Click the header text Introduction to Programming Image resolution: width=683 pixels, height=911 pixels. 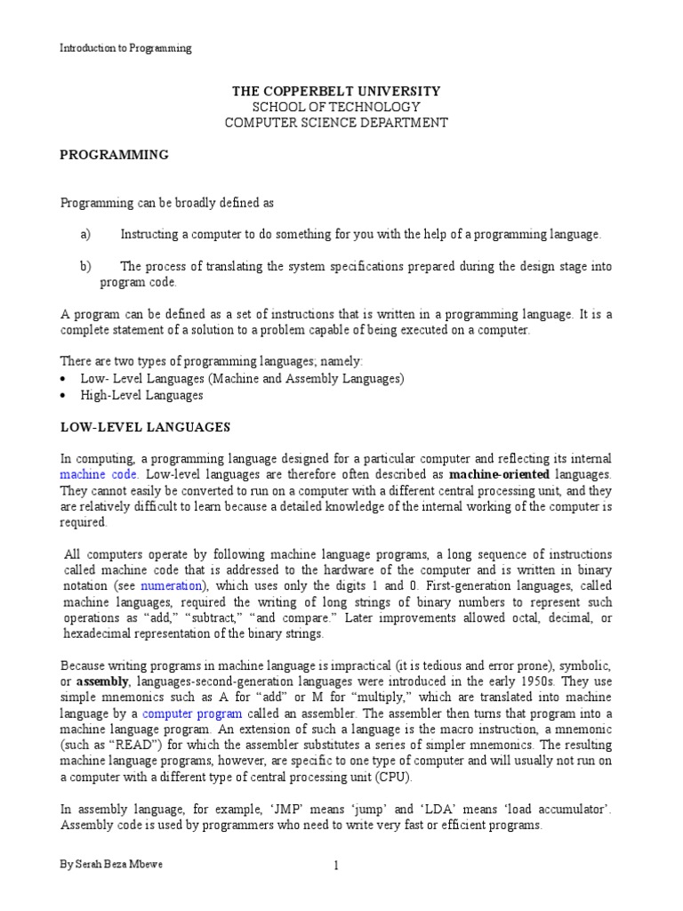tap(125, 48)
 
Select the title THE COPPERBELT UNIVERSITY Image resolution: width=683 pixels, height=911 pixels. tap(335, 92)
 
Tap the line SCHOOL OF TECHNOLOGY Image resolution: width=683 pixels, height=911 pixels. tap(335, 107)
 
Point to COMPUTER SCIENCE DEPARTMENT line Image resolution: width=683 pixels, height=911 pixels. tap(335, 123)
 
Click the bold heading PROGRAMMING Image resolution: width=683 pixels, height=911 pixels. tap(114, 154)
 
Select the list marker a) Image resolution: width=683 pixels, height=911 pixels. tap(85, 234)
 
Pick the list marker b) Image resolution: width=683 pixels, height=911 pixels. tap(85, 267)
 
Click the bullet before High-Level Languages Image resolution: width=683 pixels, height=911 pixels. tap(64, 395)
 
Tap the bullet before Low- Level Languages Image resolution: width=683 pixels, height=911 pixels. tap(64, 379)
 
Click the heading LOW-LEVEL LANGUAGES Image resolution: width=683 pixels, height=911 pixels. tap(145, 427)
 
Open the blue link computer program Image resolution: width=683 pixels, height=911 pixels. tap(191, 713)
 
